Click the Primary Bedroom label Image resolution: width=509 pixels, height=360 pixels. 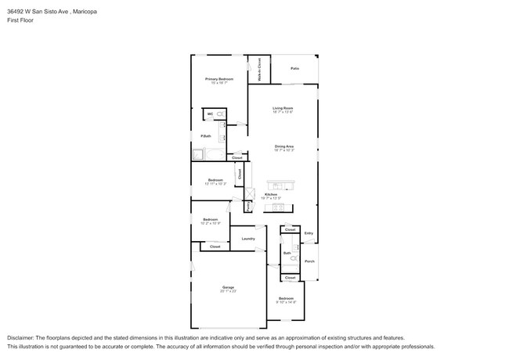pyautogui.click(x=219, y=79)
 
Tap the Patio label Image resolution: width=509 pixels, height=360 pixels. pyautogui.click(x=294, y=69)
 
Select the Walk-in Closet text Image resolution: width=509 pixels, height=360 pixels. pyautogui.click(x=259, y=70)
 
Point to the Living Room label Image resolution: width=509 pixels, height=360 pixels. pyautogui.click(x=283, y=107)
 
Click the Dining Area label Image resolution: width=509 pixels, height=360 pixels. pyautogui.click(x=283, y=146)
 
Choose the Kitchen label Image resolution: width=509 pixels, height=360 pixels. pyautogui.click(x=271, y=194)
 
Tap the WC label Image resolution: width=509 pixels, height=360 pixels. pyautogui.click(x=210, y=114)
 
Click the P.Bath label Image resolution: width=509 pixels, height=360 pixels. pyautogui.click(x=205, y=137)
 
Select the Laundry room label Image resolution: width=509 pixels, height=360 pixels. pyautogui.click(x=248, y=239)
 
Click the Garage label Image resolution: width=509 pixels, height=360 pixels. pyautogui.click(x=227, y=287)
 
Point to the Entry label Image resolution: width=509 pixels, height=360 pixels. pyautogui.click(x=309, y=233)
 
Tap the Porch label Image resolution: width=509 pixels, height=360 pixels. pyautogui.click(x=309, y=261)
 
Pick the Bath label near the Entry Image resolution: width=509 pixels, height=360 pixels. pyautogui.click(x=287, y=253)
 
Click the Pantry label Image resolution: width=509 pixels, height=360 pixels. pyautogui.click(x=248, y=206)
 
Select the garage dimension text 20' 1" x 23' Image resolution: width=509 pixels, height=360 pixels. pyautogui.click(x=227, y=292)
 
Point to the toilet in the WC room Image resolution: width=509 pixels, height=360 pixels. pyautogui.click(x=220, y=114)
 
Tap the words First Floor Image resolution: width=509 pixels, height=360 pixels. pyautogui.click(x=19, y=21)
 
